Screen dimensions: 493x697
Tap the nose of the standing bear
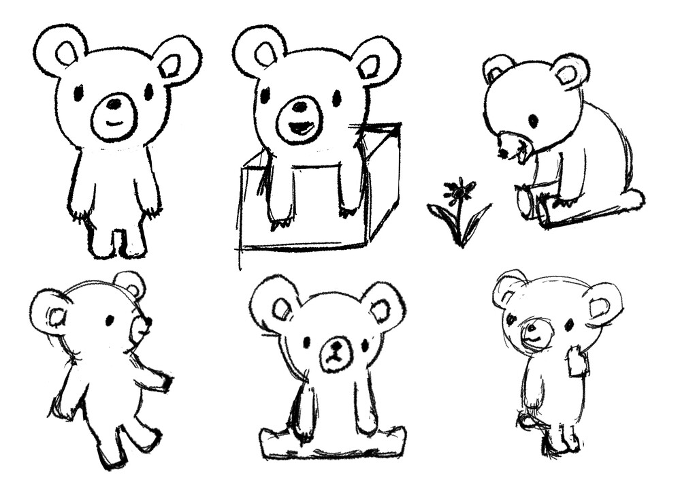(x=114, y=104)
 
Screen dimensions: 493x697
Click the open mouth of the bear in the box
(x=300, y=127)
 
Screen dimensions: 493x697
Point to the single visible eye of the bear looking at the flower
(x=533, y=121)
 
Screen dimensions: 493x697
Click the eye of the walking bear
(x=109, y=319)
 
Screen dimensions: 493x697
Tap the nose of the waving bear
(x=529, y=329)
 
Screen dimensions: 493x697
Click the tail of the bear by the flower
(x=632, y=199)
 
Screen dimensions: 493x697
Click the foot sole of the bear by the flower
(x=524, y=202)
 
